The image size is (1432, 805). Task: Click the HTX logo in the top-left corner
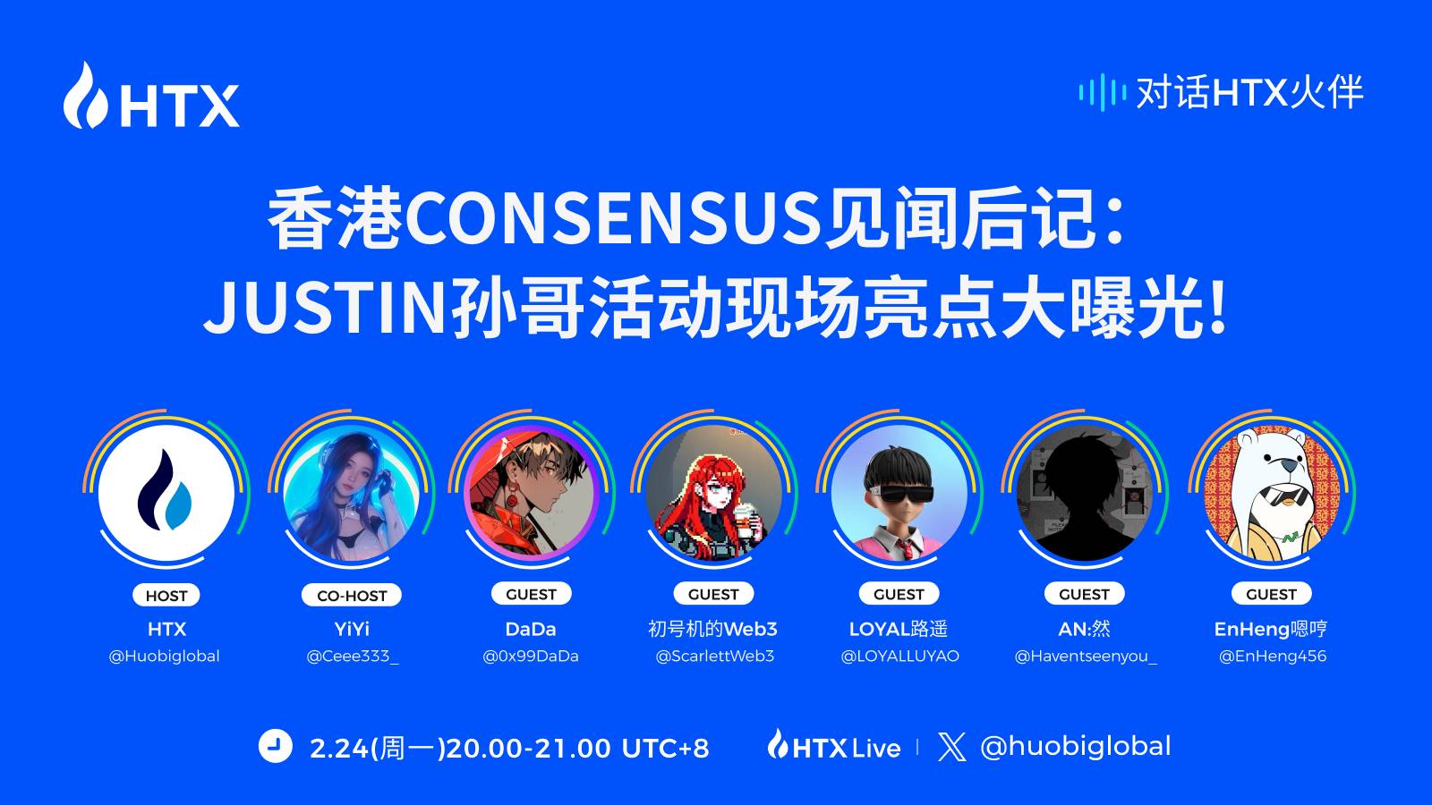tap(151, 95)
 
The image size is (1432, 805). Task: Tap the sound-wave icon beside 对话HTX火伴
tap(1102, 93)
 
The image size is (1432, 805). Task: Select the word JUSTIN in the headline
tap(324, 309)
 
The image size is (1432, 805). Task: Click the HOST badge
tap(166, 596)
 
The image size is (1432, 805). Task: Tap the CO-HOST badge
tap(352, 596)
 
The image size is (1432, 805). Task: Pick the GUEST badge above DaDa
tap(531, 594)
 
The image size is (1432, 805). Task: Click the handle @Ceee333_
tap(353, 657)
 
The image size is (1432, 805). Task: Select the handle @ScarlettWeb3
tap(715, 657)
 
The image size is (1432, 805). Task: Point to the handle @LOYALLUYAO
tap(899, 657)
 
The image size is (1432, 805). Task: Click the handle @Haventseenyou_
tap(1086, 657)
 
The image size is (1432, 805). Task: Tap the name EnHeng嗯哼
tap(1271, 630)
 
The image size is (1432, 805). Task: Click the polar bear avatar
tap(1272, 493)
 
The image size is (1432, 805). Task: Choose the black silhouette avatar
tap(1085, 493)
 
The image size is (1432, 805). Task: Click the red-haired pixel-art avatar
tap(714, 493)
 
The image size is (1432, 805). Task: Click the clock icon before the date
tap(276, 746)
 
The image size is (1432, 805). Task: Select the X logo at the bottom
tap(952, 747)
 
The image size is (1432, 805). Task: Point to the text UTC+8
tap(666, 748)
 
